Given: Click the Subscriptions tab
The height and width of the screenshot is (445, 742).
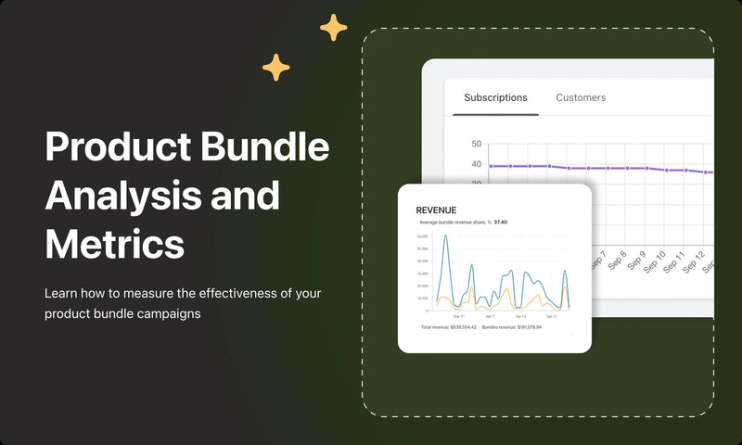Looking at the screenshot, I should click(x=495, y=97).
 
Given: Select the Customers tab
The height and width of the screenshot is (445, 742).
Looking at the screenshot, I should click(x=581, y=97).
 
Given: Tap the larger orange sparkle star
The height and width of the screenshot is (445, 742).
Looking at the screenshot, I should click(x=334, y=28).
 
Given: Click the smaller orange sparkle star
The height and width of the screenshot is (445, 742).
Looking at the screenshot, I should click(x=275, y=67).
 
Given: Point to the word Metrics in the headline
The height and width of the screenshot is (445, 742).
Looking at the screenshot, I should click(x=114, y=244).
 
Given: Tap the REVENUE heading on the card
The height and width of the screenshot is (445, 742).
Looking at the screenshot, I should click(x=436, y=210).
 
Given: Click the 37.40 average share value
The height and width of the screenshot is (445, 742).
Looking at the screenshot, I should click(x=500, y=222).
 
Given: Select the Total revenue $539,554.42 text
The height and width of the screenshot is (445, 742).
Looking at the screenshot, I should click(x=448, y=328).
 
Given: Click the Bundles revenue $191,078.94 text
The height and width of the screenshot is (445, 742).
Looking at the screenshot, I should click(x=511, y=328).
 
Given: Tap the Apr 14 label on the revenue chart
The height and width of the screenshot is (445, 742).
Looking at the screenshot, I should click(x=520, y=317).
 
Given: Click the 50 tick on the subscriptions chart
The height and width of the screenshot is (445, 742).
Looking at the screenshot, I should click(x=476, y=144).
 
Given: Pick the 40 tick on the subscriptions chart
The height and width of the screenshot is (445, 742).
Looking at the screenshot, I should click(x=476, y=165).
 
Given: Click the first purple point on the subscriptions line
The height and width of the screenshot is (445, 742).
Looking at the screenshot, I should click(x=491, y=166).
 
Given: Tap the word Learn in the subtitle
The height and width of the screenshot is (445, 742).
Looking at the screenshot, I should click(x=61, y=293).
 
